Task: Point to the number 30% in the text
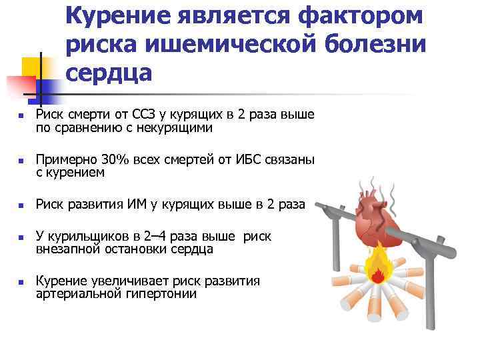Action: click(116, 160)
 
